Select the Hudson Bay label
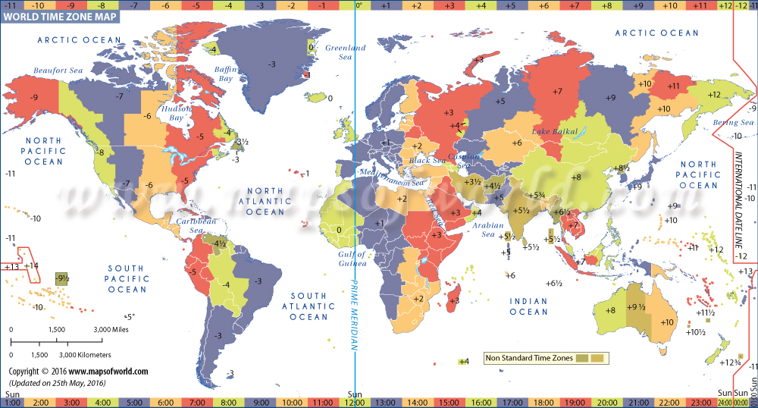(177, 114)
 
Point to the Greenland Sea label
(345, 52)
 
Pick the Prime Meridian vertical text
(353, 310)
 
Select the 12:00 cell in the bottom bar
(355, 401)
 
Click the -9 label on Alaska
(33, 98)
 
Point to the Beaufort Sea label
(57, 71)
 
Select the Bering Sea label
(733, 122)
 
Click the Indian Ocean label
(528, 306)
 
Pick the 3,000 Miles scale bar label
(111, 330)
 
